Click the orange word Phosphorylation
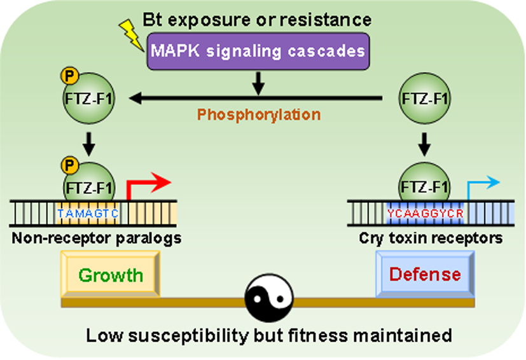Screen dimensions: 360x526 258,115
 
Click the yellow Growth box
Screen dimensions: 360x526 110,275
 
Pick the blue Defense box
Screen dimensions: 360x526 425,275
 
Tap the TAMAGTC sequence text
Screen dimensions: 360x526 87,214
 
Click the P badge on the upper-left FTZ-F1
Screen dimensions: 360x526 69,75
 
